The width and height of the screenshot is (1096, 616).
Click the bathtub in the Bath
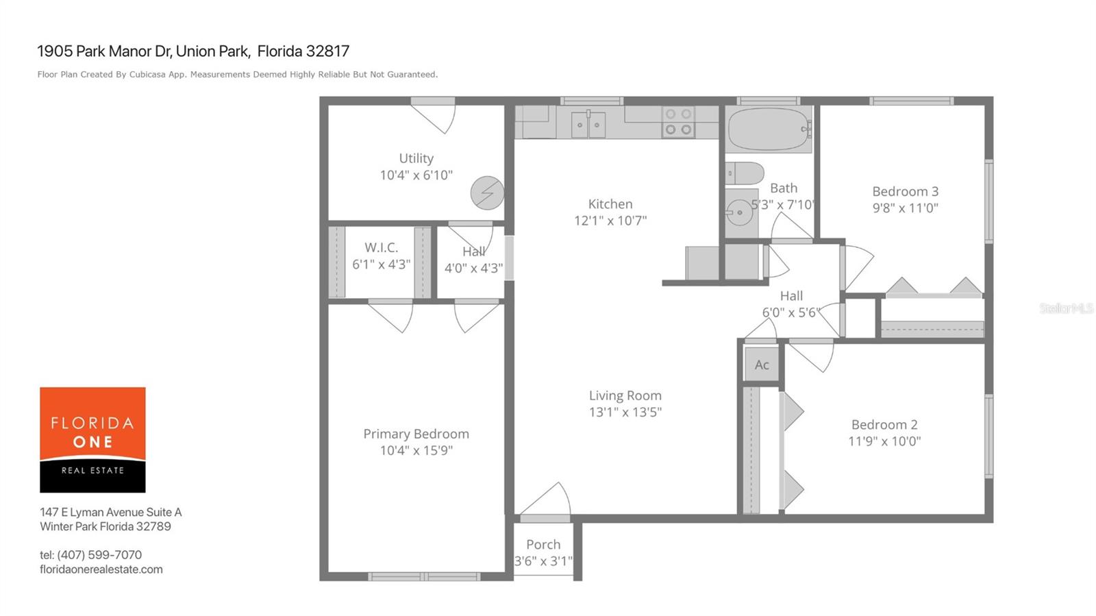pyautogui.click(x=768, y=130)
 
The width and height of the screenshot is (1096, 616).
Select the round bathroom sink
pyautogui.click(x=739, y=212)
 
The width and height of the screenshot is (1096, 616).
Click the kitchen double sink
pyautogui.click(x=588, y=125)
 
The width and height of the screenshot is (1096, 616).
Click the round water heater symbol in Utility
pyautogui.click(x=487, y=193)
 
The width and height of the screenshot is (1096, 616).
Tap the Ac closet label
pyautogui.click(x=762, y=365)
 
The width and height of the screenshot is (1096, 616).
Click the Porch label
pyautogui.click(x=543, y=545)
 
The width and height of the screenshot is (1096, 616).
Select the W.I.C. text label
pyautogui.click(x=381, y=247)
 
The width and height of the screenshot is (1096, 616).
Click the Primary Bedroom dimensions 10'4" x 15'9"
pyautogui.click(x=416, y=450)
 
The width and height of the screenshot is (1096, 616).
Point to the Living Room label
pyautogui.click(x=625, y=395)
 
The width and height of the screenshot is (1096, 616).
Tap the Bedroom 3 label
pyautogui.click(x=905, y=191)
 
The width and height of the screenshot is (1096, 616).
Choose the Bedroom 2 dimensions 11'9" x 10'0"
pyautogui.click(x=884, y=441)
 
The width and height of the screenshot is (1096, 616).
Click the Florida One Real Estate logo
pyautogui.click(x=92, y=440)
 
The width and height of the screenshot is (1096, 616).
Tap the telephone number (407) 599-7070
pyautogui.click(x=99, y=555)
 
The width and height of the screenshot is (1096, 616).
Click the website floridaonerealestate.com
pyautogui.click(x=101, y=569)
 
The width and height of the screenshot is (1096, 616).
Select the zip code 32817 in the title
pyautogui.click(x=327, y=51)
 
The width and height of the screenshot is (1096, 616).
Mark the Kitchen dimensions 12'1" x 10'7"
pyautogui.click(x=610, y=221)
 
